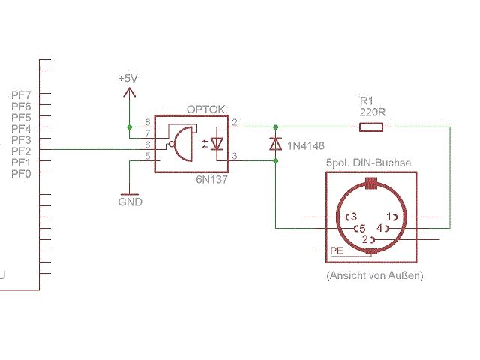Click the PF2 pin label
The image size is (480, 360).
21,151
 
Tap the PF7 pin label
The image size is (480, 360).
21,95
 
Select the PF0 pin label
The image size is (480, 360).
21,174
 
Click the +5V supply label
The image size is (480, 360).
128,79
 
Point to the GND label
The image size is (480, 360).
130,202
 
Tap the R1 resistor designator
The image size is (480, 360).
367,100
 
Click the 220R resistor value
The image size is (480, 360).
371,112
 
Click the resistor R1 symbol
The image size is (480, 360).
371,127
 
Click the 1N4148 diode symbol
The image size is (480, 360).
275,143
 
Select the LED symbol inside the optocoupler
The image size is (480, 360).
218,142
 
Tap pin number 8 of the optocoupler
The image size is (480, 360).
148,121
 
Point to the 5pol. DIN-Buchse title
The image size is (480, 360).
368,163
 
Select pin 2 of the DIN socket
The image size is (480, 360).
366,239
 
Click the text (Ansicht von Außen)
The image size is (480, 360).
375,276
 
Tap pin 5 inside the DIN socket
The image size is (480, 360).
360,228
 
